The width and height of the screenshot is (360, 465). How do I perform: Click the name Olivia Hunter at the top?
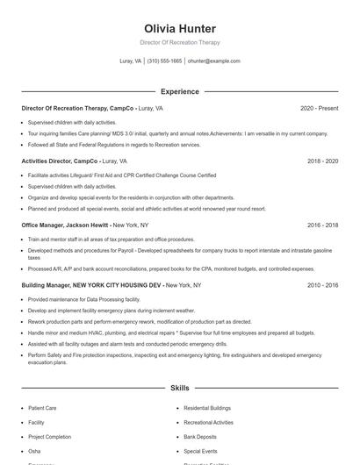179,29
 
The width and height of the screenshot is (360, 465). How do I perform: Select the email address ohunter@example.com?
213,61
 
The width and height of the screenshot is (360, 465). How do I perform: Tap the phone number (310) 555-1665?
164,61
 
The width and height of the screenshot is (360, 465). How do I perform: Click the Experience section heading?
179,91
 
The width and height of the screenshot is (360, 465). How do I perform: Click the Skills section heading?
179,387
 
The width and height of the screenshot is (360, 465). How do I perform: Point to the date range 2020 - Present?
319,109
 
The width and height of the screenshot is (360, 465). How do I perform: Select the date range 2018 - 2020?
320,161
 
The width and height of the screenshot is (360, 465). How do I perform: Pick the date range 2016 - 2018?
320,225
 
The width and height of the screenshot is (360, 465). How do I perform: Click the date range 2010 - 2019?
320,285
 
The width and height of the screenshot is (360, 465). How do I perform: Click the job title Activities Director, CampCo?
60,161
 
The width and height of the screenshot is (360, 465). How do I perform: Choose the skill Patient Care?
42,408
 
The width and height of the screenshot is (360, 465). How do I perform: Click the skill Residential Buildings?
207,408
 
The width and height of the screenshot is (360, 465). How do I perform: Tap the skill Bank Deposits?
199,436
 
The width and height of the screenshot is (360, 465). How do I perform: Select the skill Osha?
35,450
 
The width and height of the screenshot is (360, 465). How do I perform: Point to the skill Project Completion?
49,436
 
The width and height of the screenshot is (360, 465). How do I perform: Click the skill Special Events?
200,450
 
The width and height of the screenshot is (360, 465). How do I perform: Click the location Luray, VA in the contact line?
130,61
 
